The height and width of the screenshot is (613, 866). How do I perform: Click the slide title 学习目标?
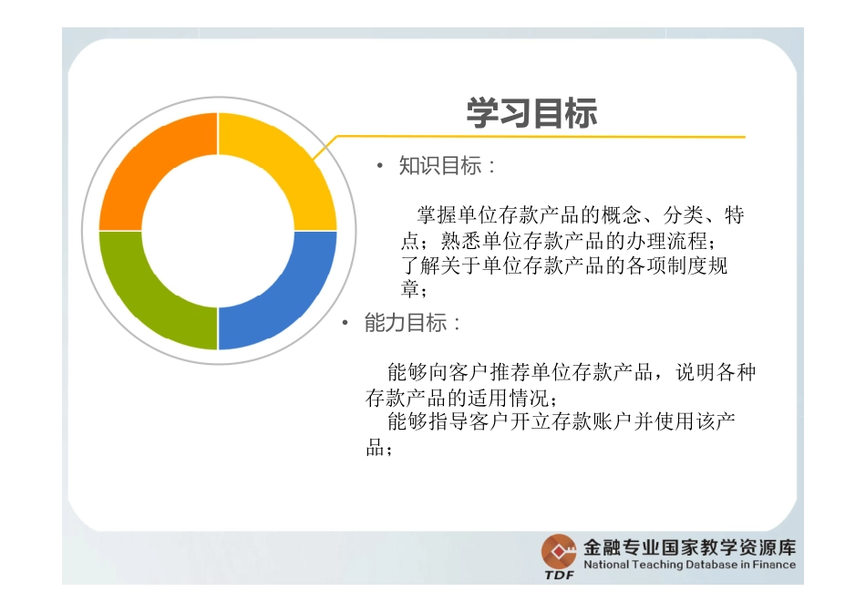tap(531, 113)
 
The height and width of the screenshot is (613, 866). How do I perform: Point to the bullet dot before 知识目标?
tap(380, 166)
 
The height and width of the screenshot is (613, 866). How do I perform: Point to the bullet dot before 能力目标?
tap(345, 324)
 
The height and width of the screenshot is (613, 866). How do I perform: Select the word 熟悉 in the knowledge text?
tap(461, 241)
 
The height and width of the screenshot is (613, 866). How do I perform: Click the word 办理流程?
tap(666, 241)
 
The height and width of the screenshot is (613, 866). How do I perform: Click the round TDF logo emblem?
tap(559, 551)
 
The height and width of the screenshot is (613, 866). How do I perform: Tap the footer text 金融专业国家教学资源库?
tap(689, 547)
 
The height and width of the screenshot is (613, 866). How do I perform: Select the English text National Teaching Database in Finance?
tap(689, 566)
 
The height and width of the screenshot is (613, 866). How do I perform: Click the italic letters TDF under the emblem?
tap(559, 575)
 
